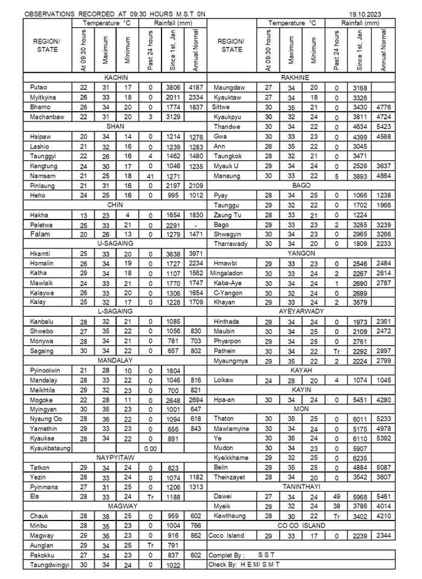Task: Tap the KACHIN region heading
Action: coord(115,78)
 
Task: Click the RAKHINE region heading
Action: coord(295,78)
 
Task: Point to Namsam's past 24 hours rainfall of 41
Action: coord(150,176)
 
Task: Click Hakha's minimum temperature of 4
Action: coord(127,215)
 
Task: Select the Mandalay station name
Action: coord(42,381)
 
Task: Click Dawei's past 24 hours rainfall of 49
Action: coord(336,497)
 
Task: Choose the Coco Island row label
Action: coord(226,536)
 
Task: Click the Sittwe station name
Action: coord(222,107)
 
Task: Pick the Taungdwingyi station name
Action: coord(49,565)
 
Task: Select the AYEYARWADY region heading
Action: coord(301,312)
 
